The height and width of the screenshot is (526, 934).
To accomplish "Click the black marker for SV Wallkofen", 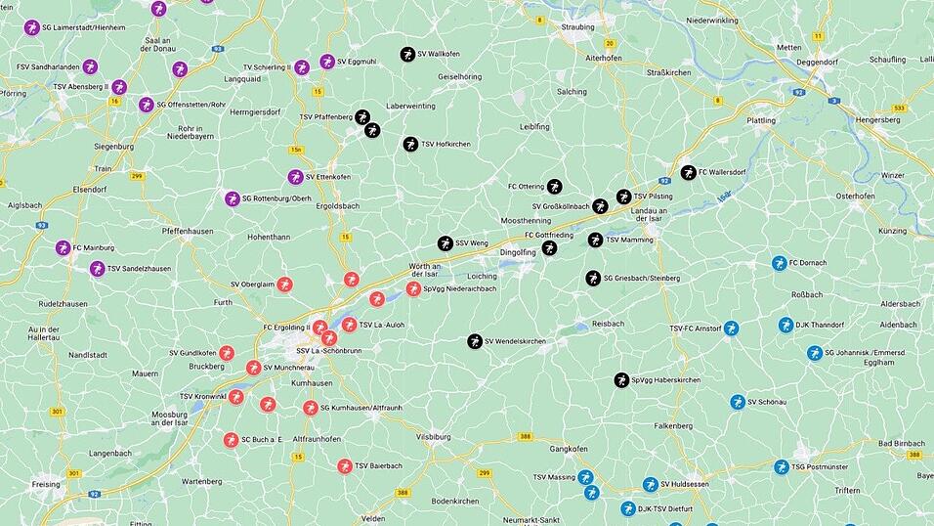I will tap(406, 54).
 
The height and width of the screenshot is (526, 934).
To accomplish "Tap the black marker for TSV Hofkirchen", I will tap(410, 144).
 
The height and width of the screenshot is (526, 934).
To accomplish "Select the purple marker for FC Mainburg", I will tap(63, 247).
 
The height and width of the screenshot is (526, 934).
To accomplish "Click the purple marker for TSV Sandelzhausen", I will tap(97, 268).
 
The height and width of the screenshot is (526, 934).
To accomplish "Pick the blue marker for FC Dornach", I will tap(779, 263).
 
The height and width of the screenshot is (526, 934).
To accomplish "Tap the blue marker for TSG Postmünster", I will tap(781, 467).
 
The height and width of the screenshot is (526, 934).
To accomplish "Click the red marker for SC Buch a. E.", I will tap(231, 440).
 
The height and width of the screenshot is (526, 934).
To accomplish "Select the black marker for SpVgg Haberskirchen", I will tap(621, 379).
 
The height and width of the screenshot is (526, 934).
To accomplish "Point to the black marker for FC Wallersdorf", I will tap(687, 172).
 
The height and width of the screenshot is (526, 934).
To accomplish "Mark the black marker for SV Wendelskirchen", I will tap(475, 341).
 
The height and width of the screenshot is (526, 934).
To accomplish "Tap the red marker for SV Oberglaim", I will tap(284, 285).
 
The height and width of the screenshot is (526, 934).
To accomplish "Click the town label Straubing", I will tap(577, 27).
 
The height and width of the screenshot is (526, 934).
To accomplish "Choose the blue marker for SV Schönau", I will tap(737, 402).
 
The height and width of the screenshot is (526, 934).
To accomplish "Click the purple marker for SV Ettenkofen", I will tap(295, 177).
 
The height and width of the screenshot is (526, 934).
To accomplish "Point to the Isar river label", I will tap(724, 197).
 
